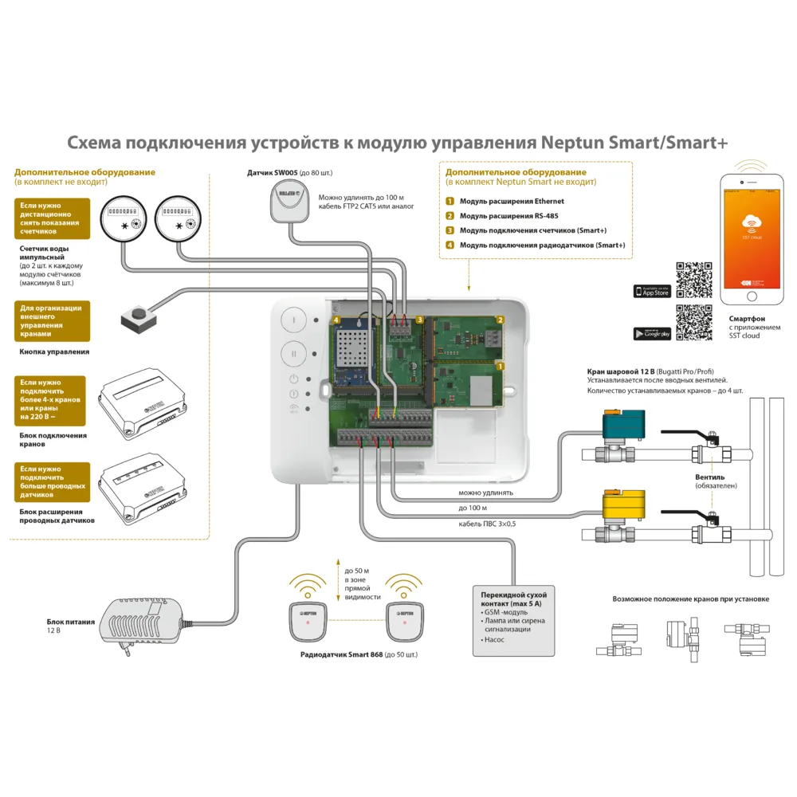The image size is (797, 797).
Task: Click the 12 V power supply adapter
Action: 143,618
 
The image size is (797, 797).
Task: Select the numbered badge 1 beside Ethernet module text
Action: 450,202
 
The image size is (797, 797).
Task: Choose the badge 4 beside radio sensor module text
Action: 450,245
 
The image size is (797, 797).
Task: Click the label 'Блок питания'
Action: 71,621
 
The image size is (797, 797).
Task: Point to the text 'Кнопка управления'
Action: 54,351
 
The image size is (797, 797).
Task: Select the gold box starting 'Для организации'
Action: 52,320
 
